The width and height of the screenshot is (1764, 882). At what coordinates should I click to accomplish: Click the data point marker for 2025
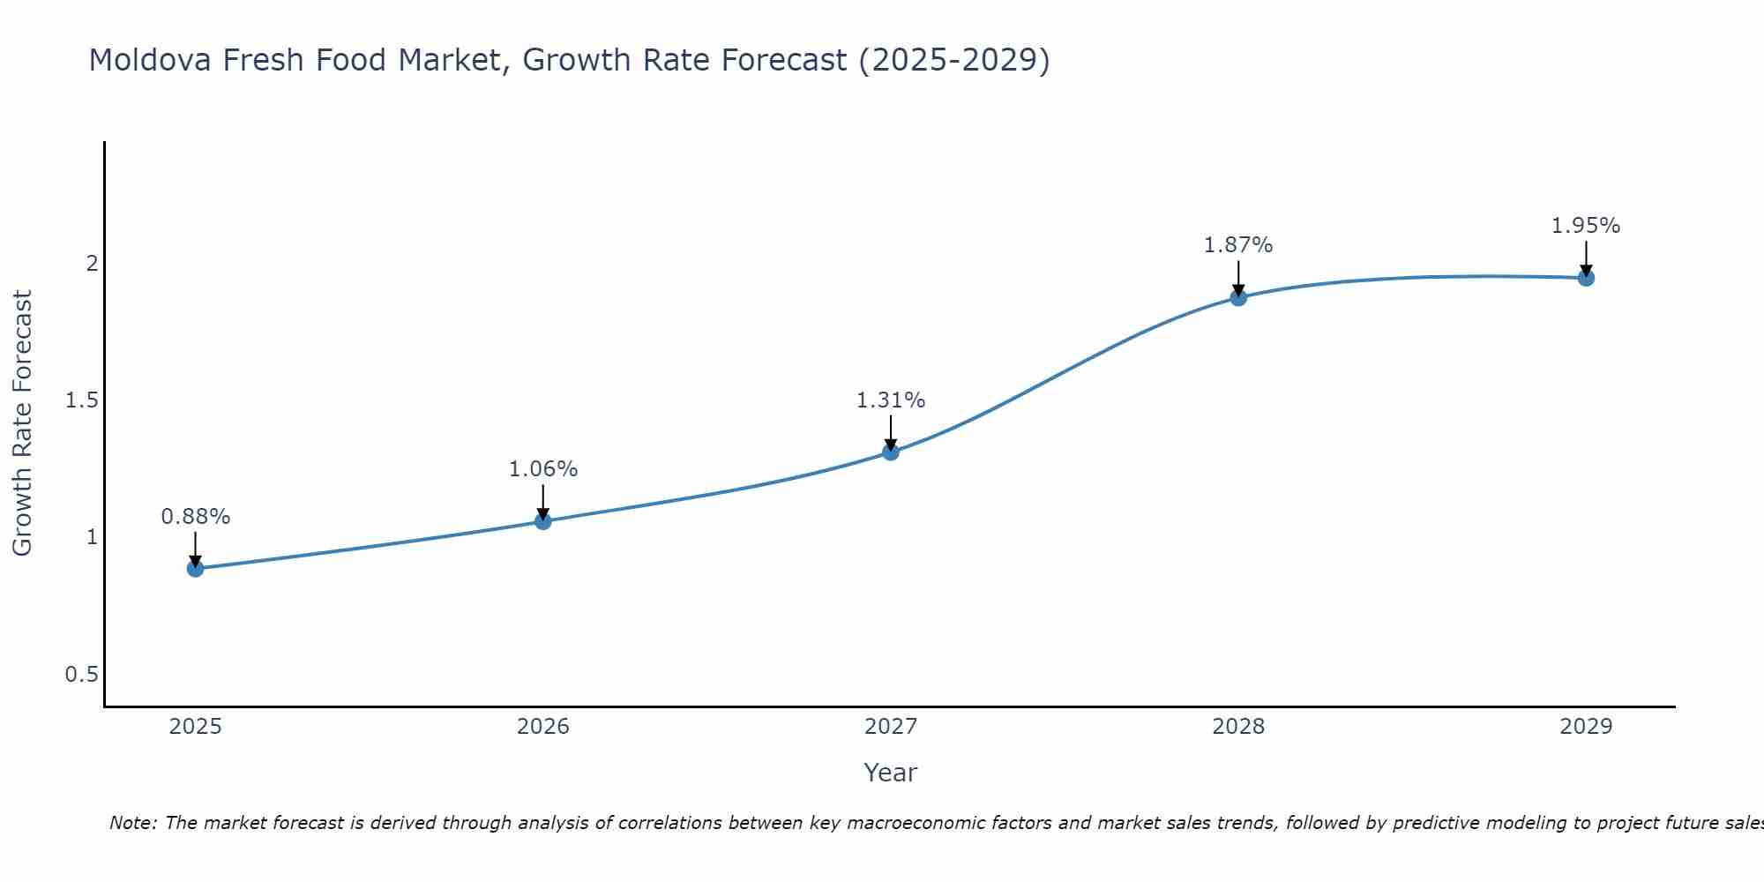coord(196,568)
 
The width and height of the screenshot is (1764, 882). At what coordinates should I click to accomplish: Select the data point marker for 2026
coord(543,521)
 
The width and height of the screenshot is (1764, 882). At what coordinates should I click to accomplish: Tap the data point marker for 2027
coord(891,452)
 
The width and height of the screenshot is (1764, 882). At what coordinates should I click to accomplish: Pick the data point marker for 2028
coord(1238,297)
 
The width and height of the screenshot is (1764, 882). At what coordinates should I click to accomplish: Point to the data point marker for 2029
coord(1586,278)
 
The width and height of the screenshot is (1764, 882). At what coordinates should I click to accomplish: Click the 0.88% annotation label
coord(196,517)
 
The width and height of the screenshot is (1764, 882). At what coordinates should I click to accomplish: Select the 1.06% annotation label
coord(543,469)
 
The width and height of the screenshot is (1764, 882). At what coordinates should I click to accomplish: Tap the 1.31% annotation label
coord(891,400)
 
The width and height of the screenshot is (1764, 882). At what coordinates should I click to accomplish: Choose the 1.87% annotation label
coord(1238,245)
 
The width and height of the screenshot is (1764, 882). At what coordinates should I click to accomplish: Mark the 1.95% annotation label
coord(1586,226)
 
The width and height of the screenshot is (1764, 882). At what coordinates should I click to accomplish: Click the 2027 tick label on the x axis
coord(891,727)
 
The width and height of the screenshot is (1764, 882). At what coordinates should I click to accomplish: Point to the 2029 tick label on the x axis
coord(1586,727)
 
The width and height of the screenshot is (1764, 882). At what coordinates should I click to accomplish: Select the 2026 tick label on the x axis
coord(543,727)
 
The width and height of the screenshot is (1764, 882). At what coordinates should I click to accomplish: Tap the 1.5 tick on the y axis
coord(81,400)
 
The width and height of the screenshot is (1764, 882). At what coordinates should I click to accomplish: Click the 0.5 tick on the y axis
coord(81,675)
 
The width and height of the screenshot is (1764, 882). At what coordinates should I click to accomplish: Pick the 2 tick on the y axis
coord(91,264)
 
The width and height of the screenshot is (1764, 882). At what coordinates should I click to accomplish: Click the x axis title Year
coord(891,773)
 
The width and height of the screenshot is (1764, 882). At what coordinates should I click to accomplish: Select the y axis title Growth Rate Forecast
coord(23,423)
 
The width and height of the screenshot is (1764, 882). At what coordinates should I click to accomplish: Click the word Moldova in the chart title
coord(150,60)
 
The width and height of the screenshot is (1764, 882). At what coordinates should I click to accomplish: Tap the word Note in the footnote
coord(132,823)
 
